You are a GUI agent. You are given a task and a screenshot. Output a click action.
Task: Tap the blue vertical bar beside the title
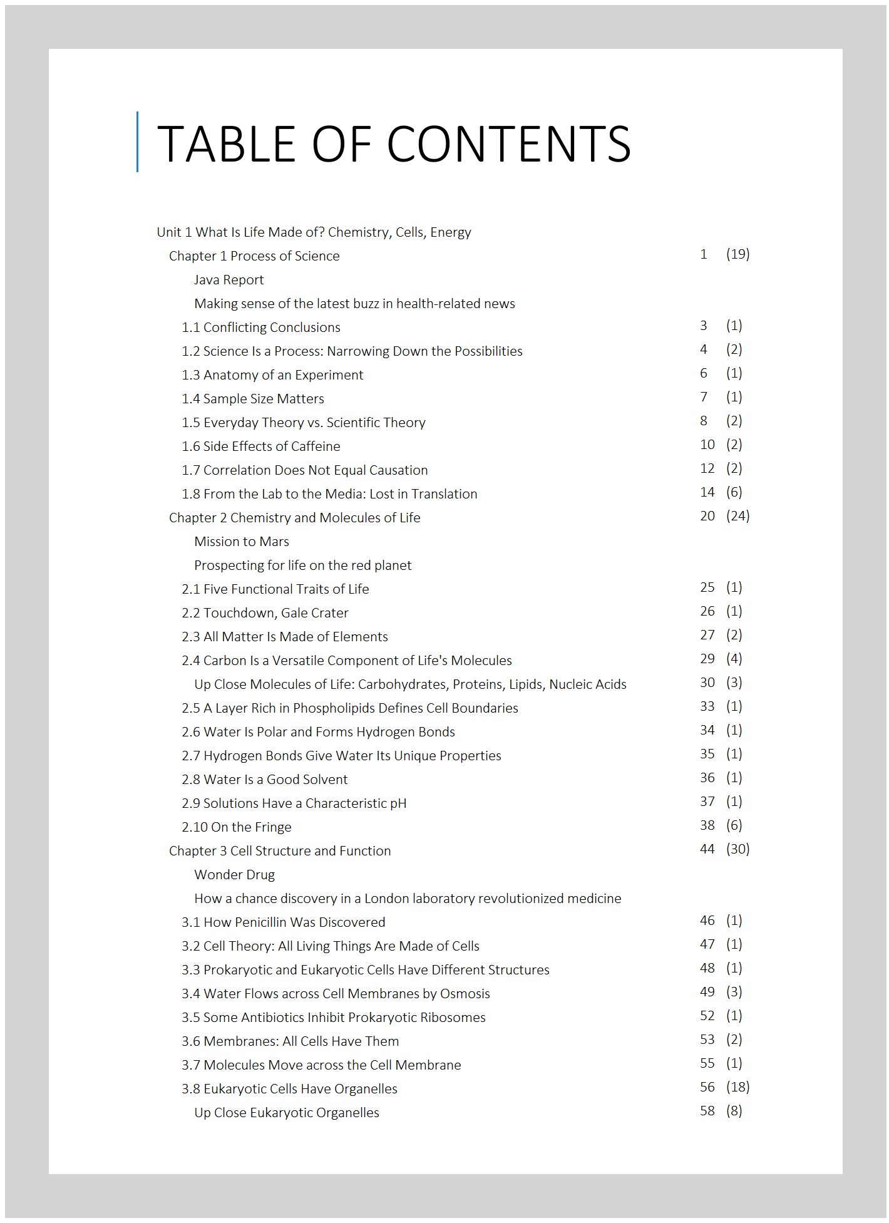[x=138, y=142]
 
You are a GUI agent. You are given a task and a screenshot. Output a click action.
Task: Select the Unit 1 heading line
[x=314, y=232]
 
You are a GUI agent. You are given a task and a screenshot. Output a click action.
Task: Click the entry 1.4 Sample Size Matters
[x=253, y=399]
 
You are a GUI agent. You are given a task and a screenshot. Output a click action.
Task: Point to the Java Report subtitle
[x=229, y=280]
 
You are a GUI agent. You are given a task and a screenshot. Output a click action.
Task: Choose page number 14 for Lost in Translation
[x=707, y=492]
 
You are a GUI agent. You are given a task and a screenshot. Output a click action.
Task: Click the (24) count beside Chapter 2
[x=737, y=516]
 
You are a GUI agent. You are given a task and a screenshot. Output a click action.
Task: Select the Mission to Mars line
[x=241, y=542]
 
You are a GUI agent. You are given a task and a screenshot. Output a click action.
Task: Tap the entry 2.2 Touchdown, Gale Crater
[x=265, y=613]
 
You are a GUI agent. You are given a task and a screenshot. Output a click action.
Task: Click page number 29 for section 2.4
[x=707, y=659]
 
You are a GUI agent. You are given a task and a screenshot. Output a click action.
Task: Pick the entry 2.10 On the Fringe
[x=237, y=827]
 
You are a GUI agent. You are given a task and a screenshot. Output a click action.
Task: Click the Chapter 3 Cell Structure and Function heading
[x=280, y=851]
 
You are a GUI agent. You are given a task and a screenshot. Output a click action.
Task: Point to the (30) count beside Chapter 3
[x=737, y=849]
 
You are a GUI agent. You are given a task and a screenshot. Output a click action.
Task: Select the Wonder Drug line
[x=234, y=875]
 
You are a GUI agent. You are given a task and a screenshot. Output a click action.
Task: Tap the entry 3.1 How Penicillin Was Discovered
[x=284, y=922]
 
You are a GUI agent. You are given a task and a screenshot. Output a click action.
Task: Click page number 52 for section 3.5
[x=707, y=1016]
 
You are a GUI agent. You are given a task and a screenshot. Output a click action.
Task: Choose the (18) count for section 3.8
[x=737, y=1087]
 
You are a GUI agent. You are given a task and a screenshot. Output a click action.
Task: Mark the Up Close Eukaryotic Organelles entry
[x=287, y=1113]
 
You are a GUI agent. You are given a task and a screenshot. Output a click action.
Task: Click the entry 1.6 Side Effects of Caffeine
[x=261, y=446]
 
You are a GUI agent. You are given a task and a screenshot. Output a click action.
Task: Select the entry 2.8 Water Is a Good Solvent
[x=265, y=780]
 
